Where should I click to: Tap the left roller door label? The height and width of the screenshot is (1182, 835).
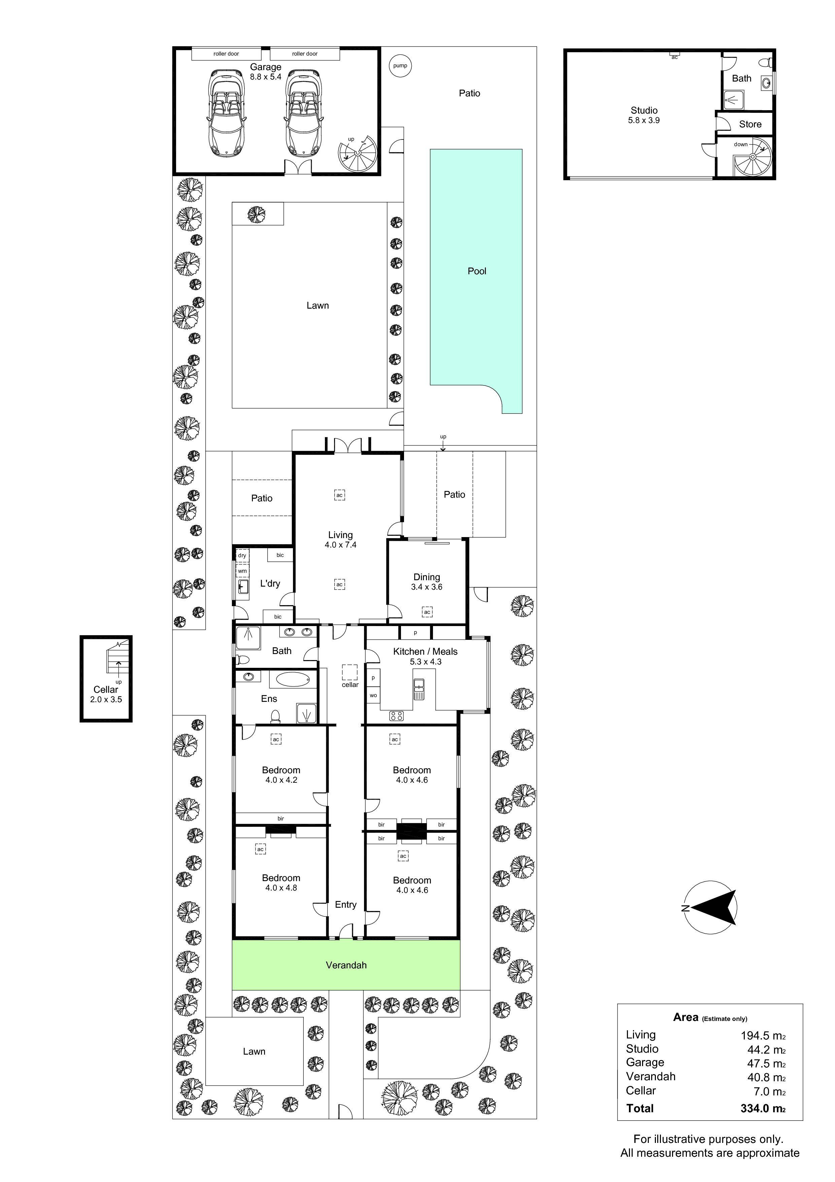pos(226,54)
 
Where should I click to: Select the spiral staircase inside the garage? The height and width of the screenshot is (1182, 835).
pos(357,153)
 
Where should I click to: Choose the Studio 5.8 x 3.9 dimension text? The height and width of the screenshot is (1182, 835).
pos(644,121)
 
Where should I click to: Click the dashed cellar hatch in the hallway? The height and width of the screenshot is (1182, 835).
pos(349,672)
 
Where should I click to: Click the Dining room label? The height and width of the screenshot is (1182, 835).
pos(427,577)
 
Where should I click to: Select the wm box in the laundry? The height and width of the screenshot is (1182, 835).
pos(242,571)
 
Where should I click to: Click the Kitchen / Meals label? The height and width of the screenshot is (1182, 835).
pos(425,651)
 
